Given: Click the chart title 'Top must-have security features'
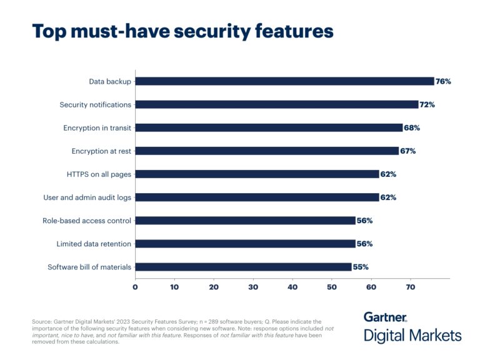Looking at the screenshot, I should tap(182, 31).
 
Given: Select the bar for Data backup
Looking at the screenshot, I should tap(284, 81).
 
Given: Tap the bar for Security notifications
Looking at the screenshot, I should tap(276, 104).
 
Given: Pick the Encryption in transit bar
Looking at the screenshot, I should tap(269, 127).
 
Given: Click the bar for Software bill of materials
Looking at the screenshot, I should tap(243, 267).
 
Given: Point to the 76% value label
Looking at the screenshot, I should tap(443, 81).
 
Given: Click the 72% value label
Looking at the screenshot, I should tap(427, 104).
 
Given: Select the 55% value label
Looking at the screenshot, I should tap(361, 267).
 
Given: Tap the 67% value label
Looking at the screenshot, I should tap(407, 151).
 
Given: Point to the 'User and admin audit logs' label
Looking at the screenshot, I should tap(87, 197).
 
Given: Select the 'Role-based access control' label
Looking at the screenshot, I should tap(87, 221).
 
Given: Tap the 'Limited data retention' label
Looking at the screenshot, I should tap(94, 244).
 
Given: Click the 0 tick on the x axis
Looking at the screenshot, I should tap(135, 287).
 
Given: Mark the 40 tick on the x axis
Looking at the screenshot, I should tap(292, 287).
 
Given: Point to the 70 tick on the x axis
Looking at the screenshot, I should tap(411, 287).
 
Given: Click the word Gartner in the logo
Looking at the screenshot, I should tap(385, 317).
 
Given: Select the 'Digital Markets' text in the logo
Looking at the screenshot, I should tap(412, 336).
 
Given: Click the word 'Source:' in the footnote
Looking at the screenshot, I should tap(42, 321).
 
